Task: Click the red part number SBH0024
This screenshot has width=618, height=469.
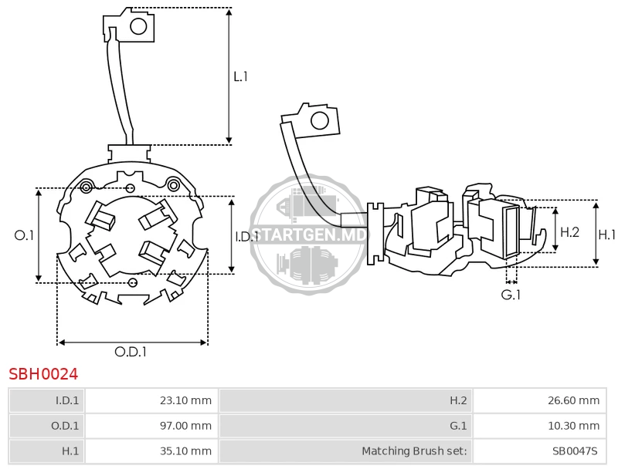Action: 43,374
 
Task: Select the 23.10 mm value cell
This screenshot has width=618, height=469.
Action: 151,400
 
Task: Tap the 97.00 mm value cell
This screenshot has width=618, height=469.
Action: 151,426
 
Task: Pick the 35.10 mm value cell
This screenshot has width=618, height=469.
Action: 151,451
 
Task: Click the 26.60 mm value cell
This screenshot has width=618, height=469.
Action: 539,400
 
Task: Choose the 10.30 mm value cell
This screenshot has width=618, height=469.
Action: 539,426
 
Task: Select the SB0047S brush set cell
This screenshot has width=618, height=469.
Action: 539,451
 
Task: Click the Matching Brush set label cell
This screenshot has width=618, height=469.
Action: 345,451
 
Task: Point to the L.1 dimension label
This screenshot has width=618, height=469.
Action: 240,76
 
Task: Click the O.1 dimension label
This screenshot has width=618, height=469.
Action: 24,235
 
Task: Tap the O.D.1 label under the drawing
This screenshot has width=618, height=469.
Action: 131,352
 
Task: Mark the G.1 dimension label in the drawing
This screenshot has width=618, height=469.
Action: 511,295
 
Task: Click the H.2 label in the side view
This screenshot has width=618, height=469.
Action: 570,232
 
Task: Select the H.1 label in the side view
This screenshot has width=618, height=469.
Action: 607,235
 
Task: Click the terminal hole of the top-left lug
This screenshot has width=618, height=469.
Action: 138,27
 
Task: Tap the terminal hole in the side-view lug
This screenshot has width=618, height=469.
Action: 319,121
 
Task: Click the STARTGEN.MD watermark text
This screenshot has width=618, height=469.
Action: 308,235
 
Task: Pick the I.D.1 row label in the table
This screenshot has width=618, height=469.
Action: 46,400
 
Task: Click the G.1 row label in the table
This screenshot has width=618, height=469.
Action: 345,426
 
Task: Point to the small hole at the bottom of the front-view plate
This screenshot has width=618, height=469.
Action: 133,282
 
